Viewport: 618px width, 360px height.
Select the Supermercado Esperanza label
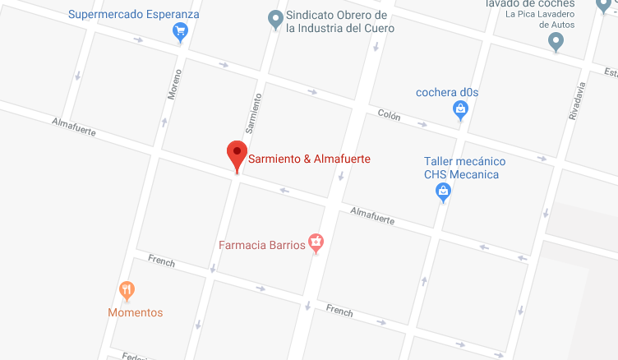coord(134,14)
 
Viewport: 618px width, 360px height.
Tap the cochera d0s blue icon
coord(462,108)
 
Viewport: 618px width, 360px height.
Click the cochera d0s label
coord(447,92)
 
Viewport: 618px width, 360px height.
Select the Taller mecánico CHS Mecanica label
coord(464,168)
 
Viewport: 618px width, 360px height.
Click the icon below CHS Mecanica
coord(444,192)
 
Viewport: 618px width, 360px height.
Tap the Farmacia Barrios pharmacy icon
coord(316,242)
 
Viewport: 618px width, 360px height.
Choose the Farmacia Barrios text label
coord(261,245)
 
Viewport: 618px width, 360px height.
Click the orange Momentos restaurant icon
coord(127,290)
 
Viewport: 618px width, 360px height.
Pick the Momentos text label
coord(136,312)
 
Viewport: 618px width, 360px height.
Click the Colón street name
coord(389,116)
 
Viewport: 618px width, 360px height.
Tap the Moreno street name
coord(174,84)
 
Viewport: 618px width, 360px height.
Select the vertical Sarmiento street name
coord(254,113)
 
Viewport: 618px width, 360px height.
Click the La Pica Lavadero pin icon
coord(556,41)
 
